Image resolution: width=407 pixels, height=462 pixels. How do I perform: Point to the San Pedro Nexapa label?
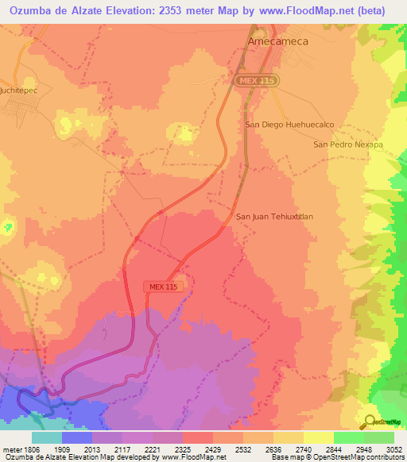[x=348, y=144]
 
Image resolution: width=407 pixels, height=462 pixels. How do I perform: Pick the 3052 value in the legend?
[x=384, y=449]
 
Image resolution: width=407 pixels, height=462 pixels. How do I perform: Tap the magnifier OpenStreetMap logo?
[x=367, y=421]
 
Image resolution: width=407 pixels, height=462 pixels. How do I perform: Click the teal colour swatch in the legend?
[x=47, y=437]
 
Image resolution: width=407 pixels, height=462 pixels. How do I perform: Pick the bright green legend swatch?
[x=348, y=437]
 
